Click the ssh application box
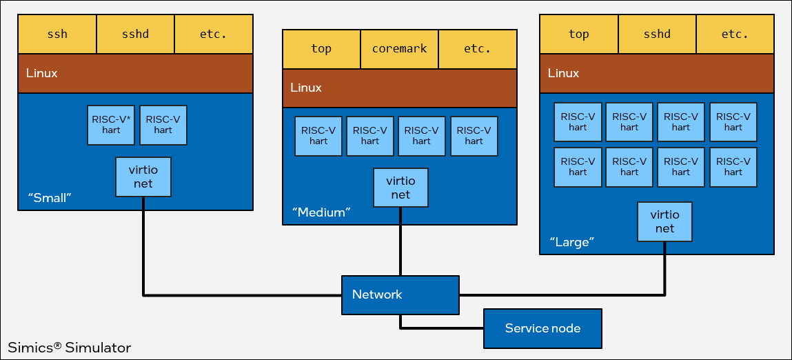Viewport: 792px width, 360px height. pos(57,34)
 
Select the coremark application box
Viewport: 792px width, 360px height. pos(400,49)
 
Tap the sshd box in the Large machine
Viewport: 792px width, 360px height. pos(657,34)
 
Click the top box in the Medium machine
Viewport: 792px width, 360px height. pos(321,49)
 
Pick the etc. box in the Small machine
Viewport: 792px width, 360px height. pos(214,34)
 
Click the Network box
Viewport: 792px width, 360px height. pos(400,294)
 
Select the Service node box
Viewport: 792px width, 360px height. pos(542,328)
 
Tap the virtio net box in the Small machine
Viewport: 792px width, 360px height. pos(143,177)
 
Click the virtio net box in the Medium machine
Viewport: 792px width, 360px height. pos(400,188)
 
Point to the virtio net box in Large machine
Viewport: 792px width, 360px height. pos(664,221)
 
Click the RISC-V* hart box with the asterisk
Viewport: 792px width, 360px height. pos(111,125)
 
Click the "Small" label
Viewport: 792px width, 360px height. pos(50,198)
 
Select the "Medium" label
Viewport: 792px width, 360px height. pos(320,212)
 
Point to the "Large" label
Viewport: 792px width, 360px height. pos(572,242)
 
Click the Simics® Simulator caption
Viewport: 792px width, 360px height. pos(69,347)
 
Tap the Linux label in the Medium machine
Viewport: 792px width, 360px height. pos(306,88)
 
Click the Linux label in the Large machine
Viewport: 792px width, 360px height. pos(564,73)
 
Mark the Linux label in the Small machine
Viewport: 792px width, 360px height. pos(42,73)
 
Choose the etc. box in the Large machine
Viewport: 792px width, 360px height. pos(735,34)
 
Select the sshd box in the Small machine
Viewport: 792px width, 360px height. pos(135,34)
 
